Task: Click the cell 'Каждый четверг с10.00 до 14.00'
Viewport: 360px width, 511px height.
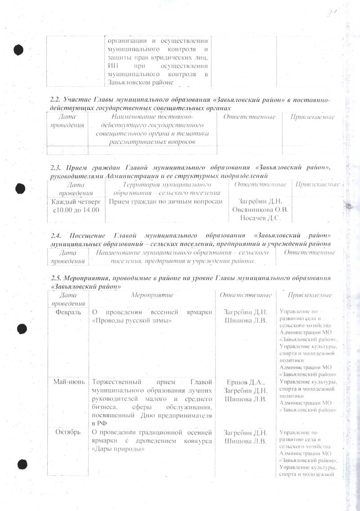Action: click(76, 206)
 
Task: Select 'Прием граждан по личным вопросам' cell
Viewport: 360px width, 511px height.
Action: click(166, 202)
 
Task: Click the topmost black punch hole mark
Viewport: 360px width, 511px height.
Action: click(18, 49)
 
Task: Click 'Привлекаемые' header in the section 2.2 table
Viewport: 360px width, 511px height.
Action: click(312, 118)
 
